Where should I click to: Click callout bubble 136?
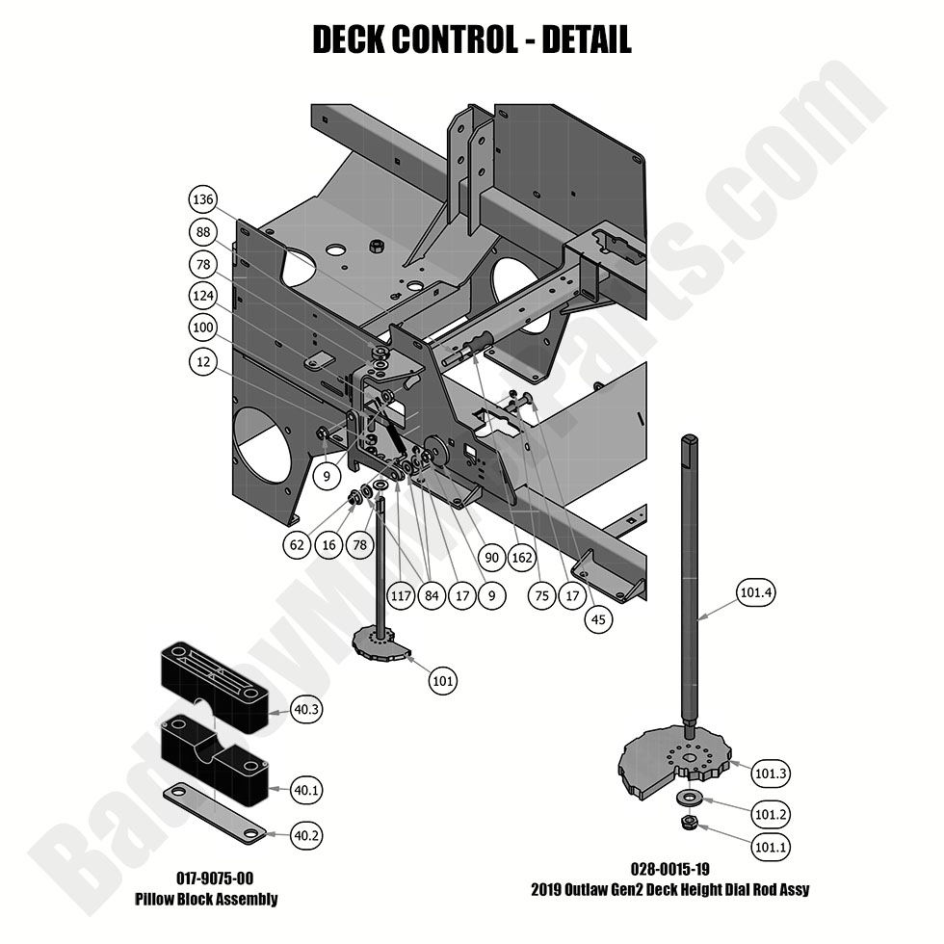tap(202, 200)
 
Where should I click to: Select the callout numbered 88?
tap(202, 232)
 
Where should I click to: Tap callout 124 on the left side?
tap(202, 296)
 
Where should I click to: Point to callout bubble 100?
tap(202, 328)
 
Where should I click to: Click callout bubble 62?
tap(298, 544)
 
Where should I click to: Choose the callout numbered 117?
tap(402, 596)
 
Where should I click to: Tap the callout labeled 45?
tap(599, 620)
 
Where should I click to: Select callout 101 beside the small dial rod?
tap(443, 681)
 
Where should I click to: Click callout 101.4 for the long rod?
tap(755, 592)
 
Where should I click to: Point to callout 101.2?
tap(772, 814)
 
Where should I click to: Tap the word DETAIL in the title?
tap(586, 40)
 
